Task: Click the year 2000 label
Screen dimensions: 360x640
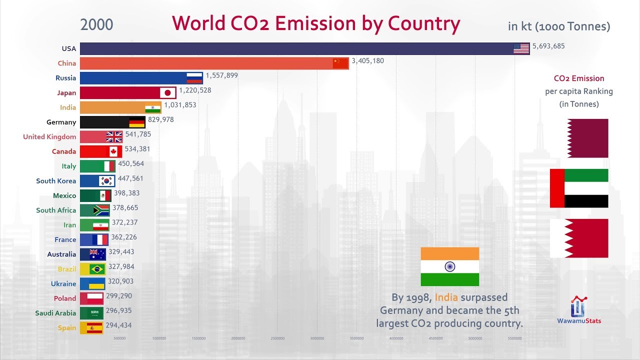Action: (x=96, y=24)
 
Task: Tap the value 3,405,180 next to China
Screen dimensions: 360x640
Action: (x=367, y=61)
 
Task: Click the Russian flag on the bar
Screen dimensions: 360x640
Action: (x=194, y=77)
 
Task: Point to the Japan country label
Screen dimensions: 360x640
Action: (x=66, y=92)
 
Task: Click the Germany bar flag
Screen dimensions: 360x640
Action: (x=136, y=122)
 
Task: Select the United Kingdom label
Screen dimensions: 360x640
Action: (x=49, y=136)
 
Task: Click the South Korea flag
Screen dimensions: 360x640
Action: (x=106, y=181)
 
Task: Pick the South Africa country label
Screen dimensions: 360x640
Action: (x=56, y=210)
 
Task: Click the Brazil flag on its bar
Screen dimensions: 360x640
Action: (x=96, y=269)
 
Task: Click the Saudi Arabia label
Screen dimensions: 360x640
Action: (x=55, y=313)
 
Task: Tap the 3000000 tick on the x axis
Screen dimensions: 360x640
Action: (x=317, y=338)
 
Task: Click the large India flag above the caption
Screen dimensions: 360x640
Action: (x=449, y=266)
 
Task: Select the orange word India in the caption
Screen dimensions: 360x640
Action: (x=446, y=297)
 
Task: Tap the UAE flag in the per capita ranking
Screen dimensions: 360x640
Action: (x=579, y=188)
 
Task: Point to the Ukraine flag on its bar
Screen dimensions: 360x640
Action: (x=96, y=283)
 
